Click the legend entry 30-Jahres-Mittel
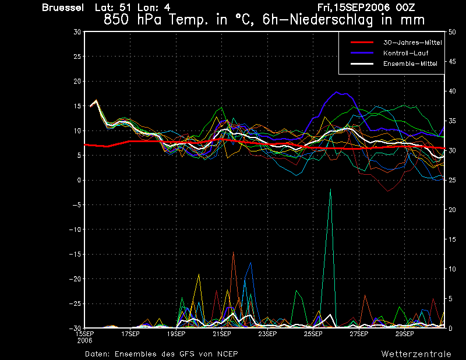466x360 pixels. [x=412, y=43]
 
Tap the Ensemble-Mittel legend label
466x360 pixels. [x=410, y=63]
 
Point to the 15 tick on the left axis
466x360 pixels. [x=77, y=106]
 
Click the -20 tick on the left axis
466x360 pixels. [x=75, y=279]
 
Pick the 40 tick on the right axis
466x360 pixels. [x=452, y=91]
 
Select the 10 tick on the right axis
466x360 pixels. [x=452, y=269]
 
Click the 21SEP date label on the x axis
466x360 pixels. [x=222, y=334]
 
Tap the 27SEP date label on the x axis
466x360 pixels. [x=359, y=334]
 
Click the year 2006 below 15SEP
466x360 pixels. [x=84, y=341]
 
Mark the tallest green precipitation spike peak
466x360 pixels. [x=330, y=189]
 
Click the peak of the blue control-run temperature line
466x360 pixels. [x=337, y=92]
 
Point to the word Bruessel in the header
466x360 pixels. [x=63, y=8]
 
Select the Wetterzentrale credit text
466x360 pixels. [x=416, y=354]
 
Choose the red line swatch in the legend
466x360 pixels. [x=362, y=43]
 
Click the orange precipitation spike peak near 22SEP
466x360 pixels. [x=234, y=252]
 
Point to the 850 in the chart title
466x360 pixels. [x=116, y=20]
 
